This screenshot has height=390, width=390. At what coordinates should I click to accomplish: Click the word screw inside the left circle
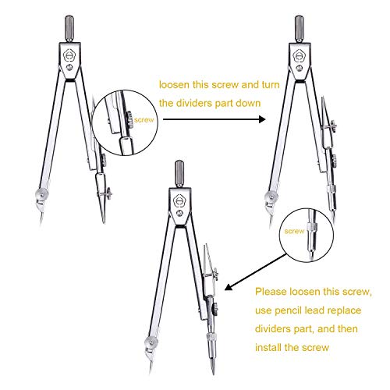145,121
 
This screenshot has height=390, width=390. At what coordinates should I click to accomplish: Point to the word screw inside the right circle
295,232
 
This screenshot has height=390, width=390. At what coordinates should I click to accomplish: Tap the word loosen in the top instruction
175,86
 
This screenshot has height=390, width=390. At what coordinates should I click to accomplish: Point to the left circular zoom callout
125,121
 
